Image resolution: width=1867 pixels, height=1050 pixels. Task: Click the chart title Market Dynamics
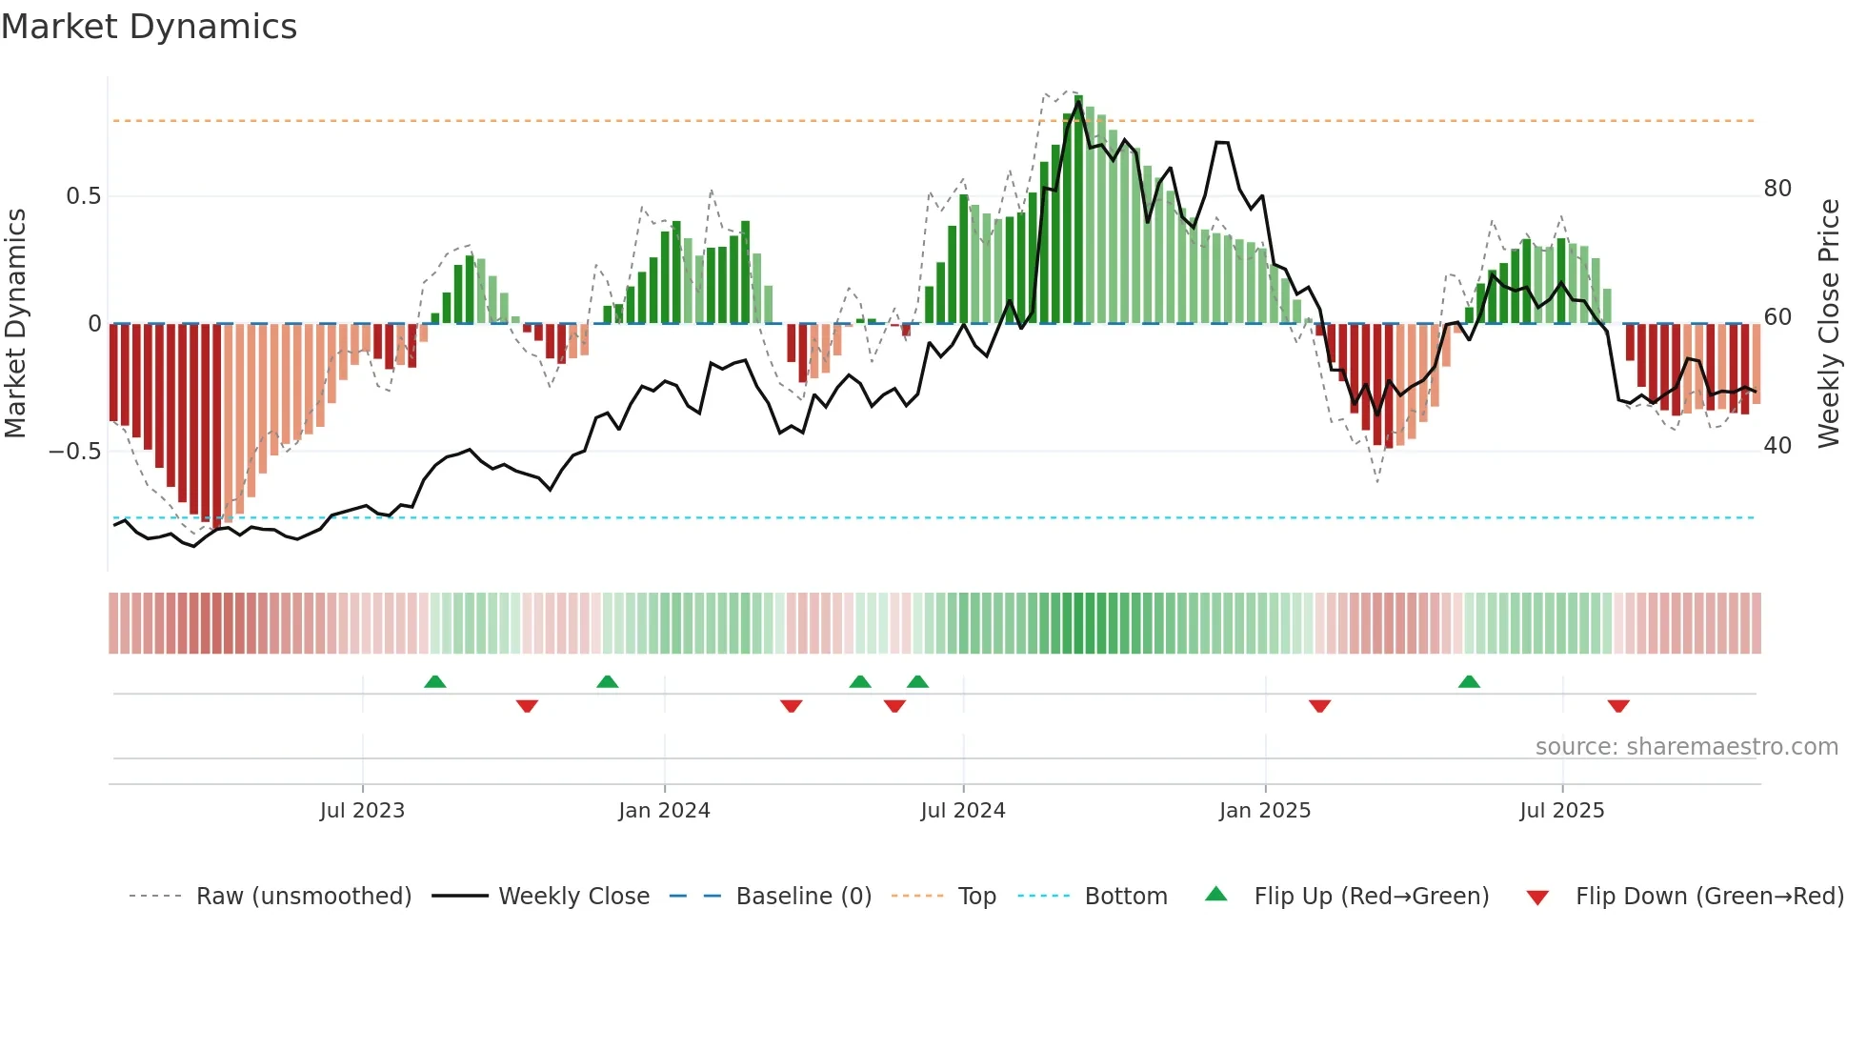(149, 27)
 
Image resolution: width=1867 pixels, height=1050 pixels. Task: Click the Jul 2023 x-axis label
(362, 811)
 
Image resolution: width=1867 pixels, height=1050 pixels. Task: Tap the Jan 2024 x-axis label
(664, 811)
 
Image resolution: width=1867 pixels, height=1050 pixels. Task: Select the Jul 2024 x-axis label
(962, 811)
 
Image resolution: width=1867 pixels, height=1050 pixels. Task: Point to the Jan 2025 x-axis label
(1265, 811)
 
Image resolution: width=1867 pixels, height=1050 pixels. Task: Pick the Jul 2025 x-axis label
(1561, 811)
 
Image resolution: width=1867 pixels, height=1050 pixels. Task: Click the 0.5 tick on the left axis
(83, 196)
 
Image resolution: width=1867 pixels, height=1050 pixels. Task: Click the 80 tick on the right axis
(1777, 189)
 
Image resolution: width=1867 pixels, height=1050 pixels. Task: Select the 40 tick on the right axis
(1777, 446)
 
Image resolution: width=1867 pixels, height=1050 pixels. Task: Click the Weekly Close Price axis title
(1829, 324)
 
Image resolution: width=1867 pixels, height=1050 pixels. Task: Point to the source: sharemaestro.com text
(1686, 747)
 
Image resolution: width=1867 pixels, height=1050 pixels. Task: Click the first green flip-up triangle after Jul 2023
(434, 681)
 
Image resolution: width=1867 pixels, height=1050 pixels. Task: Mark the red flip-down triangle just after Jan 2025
(1319, 706)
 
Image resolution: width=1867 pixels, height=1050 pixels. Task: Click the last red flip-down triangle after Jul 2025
(1618, 706)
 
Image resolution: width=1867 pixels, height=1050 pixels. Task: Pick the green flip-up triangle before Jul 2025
(1469, 681)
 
